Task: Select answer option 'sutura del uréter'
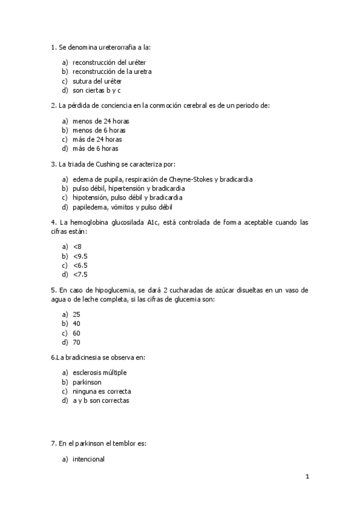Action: tap(96, 81)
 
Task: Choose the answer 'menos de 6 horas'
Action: tap(99, 130)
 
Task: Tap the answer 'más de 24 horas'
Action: tap(97, 139)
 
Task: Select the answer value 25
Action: tap(76, 315)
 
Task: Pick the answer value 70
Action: tap(76, 342)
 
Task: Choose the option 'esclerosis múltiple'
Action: tap(100, 373)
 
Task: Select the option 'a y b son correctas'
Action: tap(101, 401)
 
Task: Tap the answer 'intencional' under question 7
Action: tap(88, 459)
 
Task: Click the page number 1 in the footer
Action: tap(307, 478)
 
